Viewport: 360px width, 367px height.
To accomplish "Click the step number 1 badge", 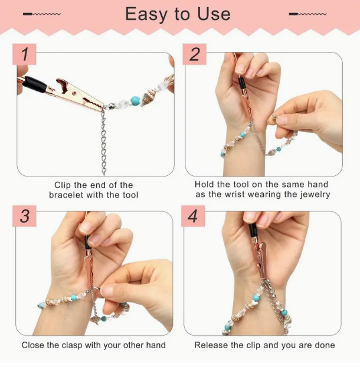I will pos(24,54).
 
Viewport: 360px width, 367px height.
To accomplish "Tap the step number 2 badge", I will pos(194,54).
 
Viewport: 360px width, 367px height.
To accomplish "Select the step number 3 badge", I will pos(24,216).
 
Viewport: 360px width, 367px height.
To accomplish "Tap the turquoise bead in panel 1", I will pos(135,101).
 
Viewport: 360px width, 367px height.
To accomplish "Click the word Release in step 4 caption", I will pos(211,345).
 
